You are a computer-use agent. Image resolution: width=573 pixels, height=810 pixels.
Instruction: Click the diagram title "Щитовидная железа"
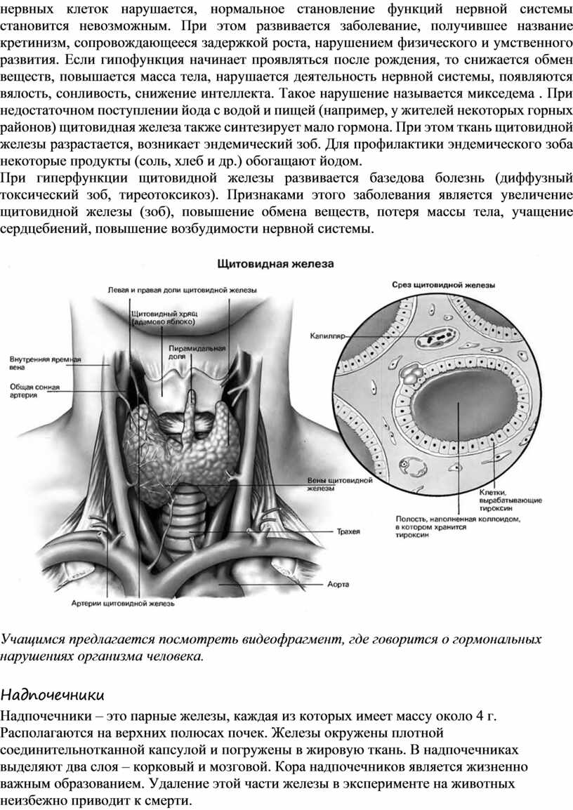pos(276,264)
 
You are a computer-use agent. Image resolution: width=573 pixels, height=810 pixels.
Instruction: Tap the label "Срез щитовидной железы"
pos(442,286)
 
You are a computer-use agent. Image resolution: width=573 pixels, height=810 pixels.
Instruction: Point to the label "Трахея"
pos(349,531)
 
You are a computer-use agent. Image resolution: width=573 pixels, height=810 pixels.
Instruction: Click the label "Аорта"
pos(338,583)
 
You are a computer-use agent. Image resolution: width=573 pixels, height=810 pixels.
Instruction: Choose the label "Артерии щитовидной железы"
pos(123,602)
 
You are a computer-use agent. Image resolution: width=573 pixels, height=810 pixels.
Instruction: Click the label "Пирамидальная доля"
pos(196,352)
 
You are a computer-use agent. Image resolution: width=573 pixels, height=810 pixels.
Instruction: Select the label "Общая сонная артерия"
pos(34,390)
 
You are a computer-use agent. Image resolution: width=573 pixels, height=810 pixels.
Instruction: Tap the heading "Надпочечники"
pos(52,695)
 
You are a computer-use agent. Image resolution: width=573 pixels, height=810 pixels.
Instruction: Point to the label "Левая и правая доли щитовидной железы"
pos(182,289)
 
